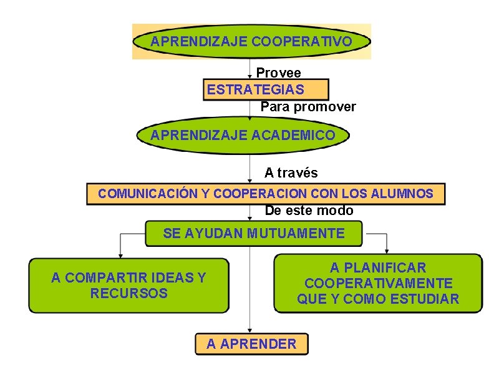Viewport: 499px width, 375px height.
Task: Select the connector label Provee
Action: [x=278, y=74]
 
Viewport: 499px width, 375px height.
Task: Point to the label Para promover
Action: [x=308, y=107]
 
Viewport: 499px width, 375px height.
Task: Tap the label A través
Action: [x=291, y=172]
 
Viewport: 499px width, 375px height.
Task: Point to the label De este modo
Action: [x=309, y=211]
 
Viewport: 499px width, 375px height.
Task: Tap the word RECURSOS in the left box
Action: [x=129, y=293]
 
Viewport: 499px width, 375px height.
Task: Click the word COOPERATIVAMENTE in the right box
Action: [x=379, y=283]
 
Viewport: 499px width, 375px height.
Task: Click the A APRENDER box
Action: [x=252, y=344]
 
